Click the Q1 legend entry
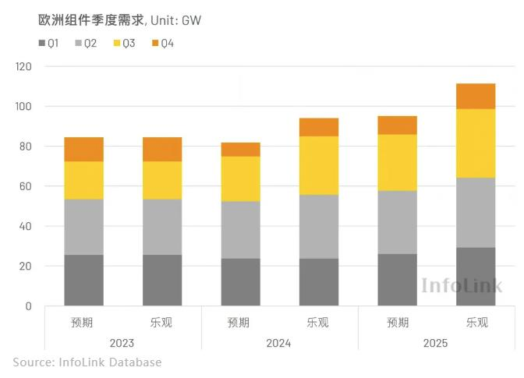(x=48, y=43)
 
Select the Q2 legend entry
(x=86, y=43)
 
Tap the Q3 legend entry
(x=124, y=43)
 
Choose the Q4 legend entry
(x=162, y=43)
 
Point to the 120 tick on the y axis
(x=23, y=67)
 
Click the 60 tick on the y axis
(x=26, y=186)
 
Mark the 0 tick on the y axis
(x=29, y=306)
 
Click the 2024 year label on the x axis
(x=278, y=343)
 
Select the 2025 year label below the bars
(x=435, y=343)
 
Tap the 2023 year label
(x=122, y=343)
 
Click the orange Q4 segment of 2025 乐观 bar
(x=476, y=96)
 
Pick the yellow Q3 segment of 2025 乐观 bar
(x=476, y=143)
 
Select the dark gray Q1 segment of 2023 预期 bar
(x=83, y=280)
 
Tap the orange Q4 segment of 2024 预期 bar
(x=240, y=150)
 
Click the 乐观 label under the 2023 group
(x=161, y=322)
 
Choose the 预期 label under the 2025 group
(x=397, y=322)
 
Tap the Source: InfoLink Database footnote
(x=87, y=362)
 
